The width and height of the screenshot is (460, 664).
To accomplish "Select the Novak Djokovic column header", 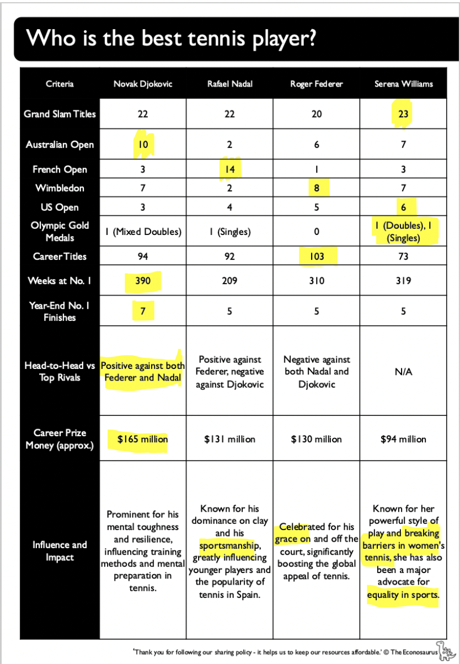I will click(143, 84).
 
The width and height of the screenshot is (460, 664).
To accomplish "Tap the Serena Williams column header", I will click(403, 84).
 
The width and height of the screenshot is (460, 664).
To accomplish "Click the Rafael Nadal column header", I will click(229, 84).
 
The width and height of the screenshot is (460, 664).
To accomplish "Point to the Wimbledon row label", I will click(60, 188).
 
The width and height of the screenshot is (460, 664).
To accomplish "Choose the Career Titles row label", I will click(60, 256).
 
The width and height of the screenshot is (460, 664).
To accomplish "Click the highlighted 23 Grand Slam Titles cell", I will click(403, 114).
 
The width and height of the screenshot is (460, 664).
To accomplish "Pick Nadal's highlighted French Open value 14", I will click(229, 169).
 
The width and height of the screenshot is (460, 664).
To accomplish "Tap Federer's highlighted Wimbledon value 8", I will click(317, 188).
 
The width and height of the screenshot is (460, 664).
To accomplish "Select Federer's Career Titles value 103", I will click(317, 256).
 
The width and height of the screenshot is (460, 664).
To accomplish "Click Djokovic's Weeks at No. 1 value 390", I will click(143, 281).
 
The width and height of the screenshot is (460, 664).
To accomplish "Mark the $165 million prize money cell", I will click(143, 440).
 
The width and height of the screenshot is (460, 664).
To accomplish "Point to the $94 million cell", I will click(403, 440).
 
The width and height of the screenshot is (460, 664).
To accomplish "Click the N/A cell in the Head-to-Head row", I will click(403, 372).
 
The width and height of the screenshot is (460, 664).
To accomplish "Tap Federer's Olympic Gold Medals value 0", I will click(317, 232).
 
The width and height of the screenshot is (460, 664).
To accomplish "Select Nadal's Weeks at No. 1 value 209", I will click(229, 281).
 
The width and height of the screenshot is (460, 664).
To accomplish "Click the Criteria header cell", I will click(60, 84).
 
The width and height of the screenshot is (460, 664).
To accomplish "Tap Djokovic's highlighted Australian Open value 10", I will click(143, 144).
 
